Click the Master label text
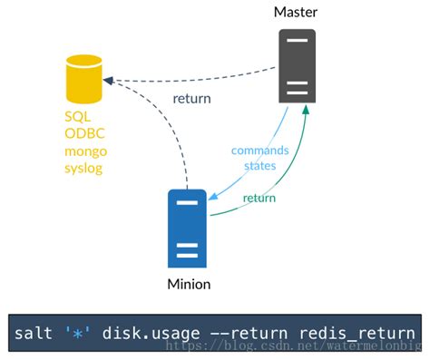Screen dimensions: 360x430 (x=297, y=11)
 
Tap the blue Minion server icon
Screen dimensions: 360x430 (x=188, y=228)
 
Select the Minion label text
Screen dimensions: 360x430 (x=189, y=285)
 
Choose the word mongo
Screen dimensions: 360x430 (x=84, y=151)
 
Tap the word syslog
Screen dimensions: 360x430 (x=83, y=168)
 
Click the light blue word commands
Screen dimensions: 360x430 (x=259, y=150)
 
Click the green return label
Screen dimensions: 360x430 (x=259, y=198)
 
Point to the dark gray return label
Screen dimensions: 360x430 (x=191, y=99)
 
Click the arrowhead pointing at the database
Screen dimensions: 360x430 (x=107, y=81)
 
